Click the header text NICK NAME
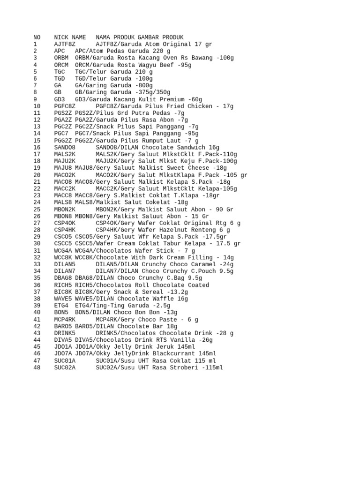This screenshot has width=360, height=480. [x=70, y=37]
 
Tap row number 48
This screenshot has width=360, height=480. [x=37, y=367]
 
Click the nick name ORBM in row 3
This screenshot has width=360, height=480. [x=61, y=58]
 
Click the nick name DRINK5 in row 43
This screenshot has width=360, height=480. [x=65, y=333]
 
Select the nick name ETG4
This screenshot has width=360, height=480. [x=61, y=306]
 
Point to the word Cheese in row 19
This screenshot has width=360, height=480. [x=199, y=168]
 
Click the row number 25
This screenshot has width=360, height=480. [x=37, y=210]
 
